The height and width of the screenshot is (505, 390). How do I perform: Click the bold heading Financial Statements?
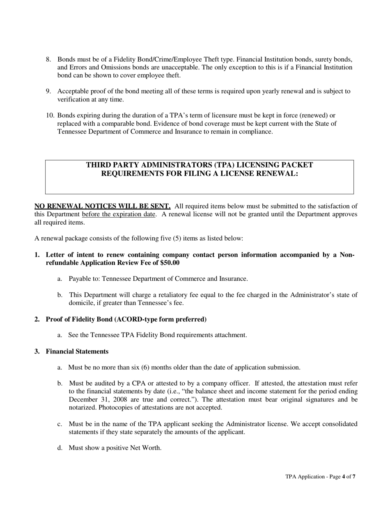click(77, 351)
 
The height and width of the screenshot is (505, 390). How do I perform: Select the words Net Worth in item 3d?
click(146, 448)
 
